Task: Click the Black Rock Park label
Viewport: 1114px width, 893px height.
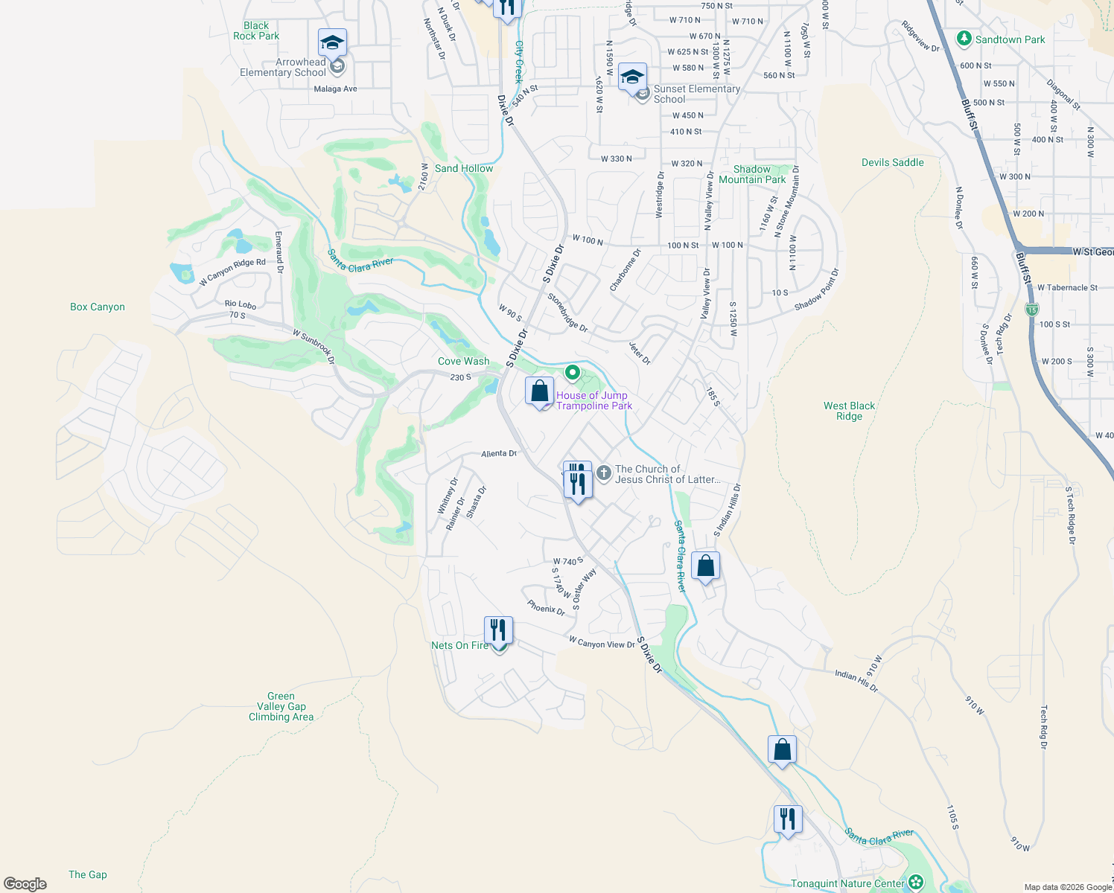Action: tap(256, 31)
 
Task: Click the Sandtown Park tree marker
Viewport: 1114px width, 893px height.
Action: tap(964, 39)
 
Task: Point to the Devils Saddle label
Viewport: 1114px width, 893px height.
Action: tap(892, 162)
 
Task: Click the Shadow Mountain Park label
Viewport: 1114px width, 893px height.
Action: tap(752, 174)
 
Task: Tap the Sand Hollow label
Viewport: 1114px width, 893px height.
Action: tap(464, 168)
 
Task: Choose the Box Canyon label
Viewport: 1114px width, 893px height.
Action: tap(98, 307)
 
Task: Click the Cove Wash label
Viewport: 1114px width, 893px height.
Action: tap(464, 361)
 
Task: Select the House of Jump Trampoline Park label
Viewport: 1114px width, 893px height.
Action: tap(593, 400)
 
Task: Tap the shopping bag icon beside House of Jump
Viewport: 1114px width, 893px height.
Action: tap(539, 391)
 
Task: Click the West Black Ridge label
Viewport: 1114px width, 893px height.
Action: tap(849, 411)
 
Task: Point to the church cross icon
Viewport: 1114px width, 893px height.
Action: tap(604, 472)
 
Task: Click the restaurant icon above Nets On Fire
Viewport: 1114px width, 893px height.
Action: tap(498, 630)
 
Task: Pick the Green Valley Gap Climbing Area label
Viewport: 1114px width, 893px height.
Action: tap(281, 706)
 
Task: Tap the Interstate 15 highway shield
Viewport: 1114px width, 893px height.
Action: tap(1031, 310)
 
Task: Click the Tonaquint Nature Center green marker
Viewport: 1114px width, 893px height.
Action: tap(916, 883)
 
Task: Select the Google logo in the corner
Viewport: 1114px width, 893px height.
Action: tap(25, 883)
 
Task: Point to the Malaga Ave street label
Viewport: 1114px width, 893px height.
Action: tap(335, 89)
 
